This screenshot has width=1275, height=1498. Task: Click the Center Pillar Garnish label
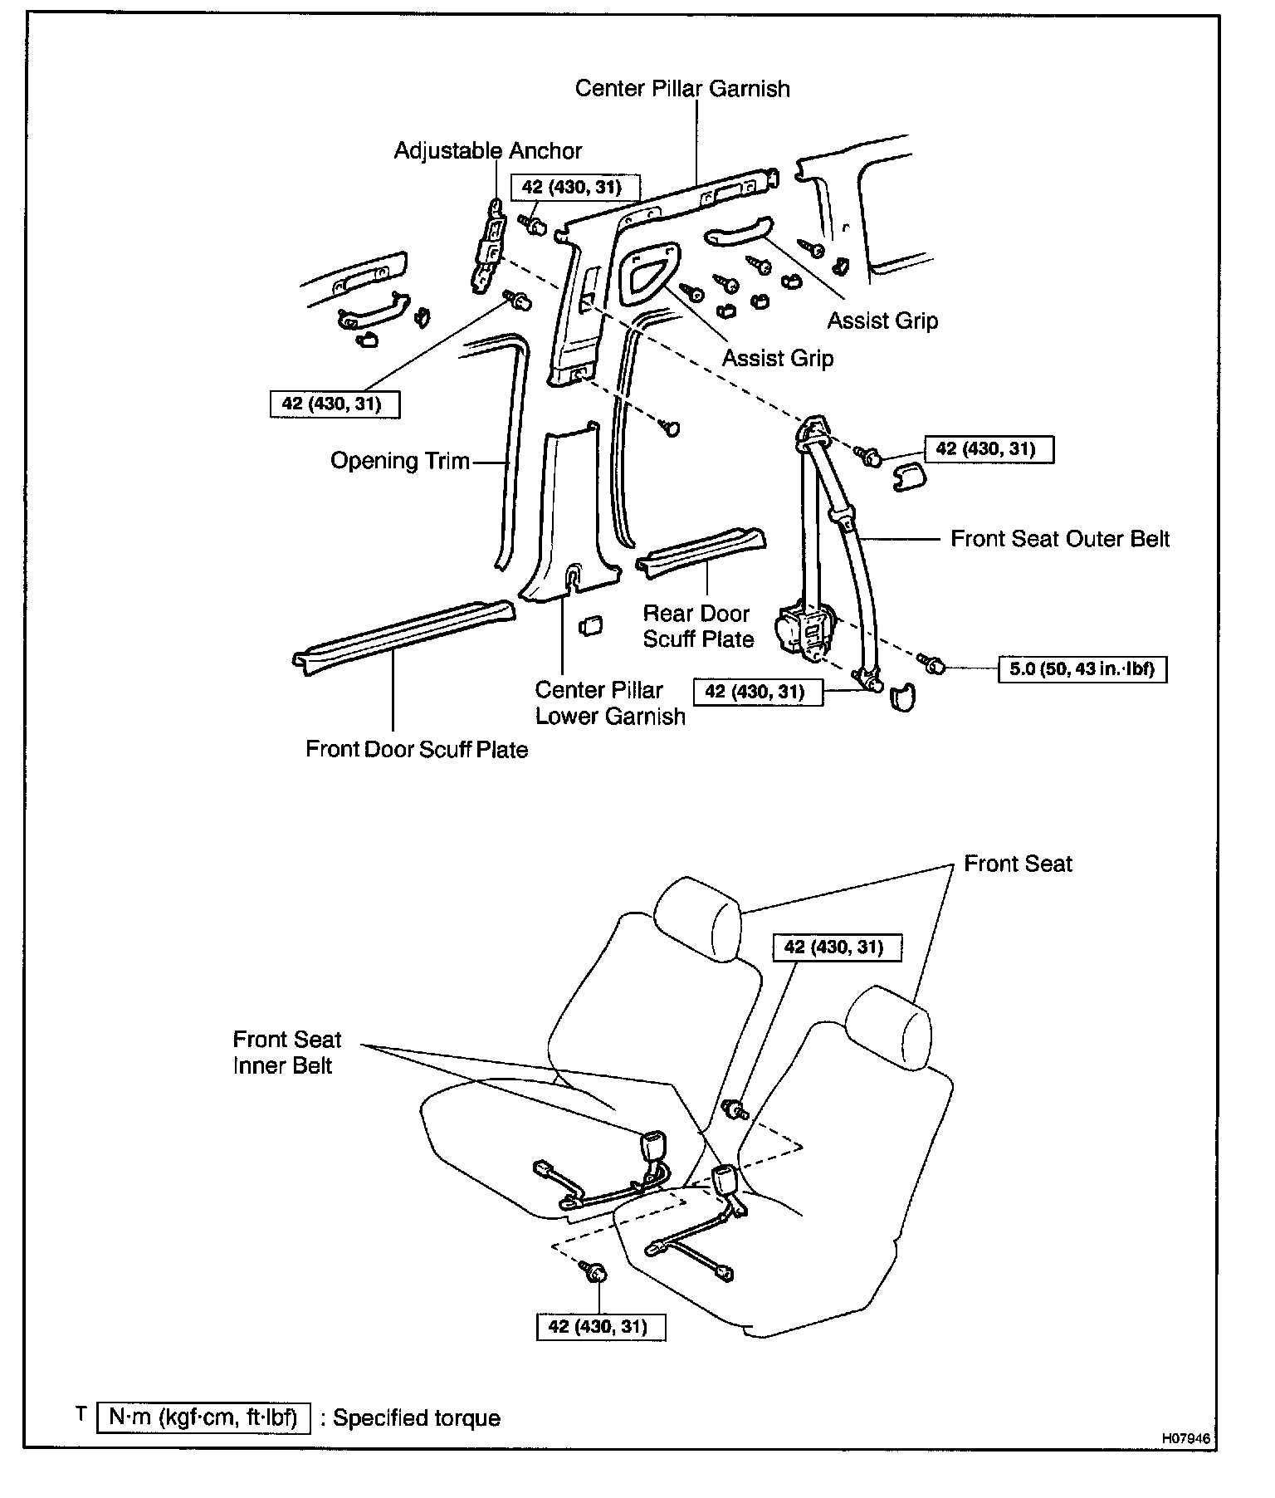pyautogui.click(x=682, y=89)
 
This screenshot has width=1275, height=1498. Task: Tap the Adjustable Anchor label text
pyautogui.click(x=488, y=151)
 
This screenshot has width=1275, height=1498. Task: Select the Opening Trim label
pyautogui.click(x=400, y=461)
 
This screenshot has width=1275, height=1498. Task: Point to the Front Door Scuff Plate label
pyautogui.click(x=417, y=750)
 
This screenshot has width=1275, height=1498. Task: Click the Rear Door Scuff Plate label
pyautogui.click(x=698, y=626)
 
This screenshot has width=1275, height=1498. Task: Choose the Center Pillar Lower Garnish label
pyautogui.click(x=610, y=703)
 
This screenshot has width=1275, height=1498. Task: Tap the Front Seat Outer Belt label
pyautogui.click(x=1060, y=539)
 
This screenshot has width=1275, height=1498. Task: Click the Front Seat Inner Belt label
pyautogui.click(x=286, y=1052)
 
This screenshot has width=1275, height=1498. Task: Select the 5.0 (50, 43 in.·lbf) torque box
pyautogui.click(x=1082, y=668)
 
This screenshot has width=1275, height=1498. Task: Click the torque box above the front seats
pyautogui.click(x=837, y=947)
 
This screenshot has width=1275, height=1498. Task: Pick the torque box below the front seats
pyautogui.click(x=602, y=1326)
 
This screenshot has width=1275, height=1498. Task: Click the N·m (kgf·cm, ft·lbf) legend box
pyautogui.click(x=203, y=1417)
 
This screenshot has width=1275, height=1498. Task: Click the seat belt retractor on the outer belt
pyautogui.click(x=804, y=631)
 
